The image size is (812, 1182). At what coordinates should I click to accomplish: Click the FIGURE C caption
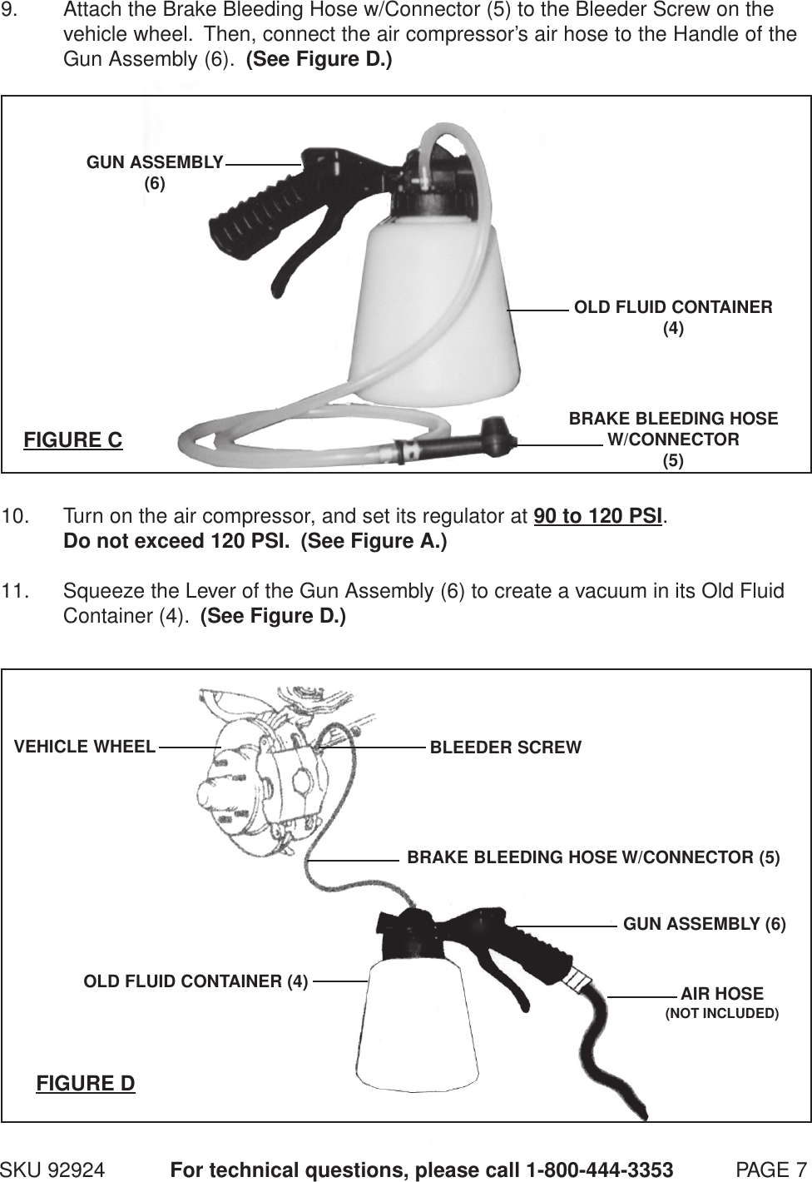click(73, 440)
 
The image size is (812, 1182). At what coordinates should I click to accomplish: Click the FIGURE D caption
click(86, 1083)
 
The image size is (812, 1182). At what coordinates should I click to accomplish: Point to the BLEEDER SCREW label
click(505, 747)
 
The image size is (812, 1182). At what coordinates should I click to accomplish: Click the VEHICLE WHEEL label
click(85, 746)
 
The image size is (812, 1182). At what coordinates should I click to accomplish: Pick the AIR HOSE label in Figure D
click(721, 993)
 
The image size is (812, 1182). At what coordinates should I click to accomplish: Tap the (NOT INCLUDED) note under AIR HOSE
click(721, 1013)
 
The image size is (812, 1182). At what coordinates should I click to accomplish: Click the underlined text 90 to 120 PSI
click(597, 516)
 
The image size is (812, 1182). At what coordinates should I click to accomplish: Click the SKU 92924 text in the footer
click(53, 1170)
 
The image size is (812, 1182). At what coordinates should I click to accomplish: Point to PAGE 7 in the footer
click(771, 1170)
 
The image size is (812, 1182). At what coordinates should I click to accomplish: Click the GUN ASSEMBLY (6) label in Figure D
click(704, 924)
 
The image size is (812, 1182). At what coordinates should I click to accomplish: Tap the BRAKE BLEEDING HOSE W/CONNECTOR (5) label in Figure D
click(593, 857)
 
